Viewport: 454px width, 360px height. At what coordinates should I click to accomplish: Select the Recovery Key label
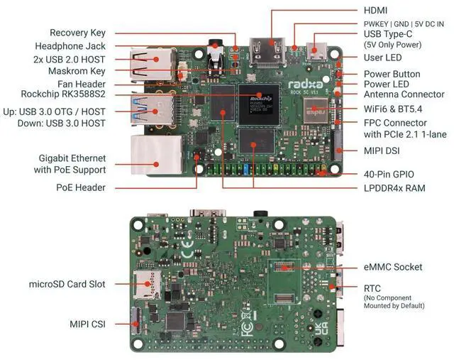click(x=78, y=33)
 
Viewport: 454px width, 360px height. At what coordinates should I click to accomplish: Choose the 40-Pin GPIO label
click(x=389, y=174)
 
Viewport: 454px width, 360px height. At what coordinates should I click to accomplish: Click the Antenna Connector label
click(x=404, y=94)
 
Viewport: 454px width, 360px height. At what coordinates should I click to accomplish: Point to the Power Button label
click(x=392, y=74)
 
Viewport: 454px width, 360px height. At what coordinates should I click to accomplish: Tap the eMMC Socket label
click(x=393, y=267)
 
